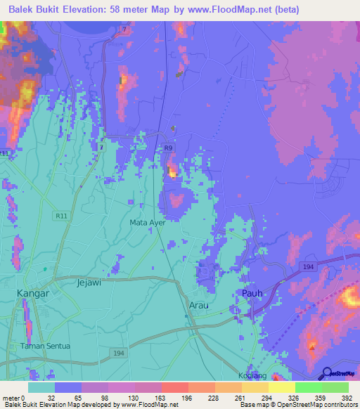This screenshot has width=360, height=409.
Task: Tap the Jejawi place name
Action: point(89,283)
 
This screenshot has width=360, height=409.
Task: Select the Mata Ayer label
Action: point(147,223)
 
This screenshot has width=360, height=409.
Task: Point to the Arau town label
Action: point(200,305)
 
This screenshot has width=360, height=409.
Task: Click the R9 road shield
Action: point(167,148)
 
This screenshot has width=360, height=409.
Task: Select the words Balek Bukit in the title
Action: point(35,10)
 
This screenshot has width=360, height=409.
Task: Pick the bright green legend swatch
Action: point(309,387)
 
